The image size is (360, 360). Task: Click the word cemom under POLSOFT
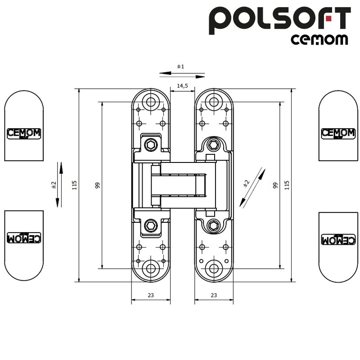(x=319, y=40)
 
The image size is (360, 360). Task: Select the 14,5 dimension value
(x=182, y=85)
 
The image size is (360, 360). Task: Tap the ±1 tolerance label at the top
(x=180, y=67)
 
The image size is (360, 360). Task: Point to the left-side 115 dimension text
(x=75, y=184)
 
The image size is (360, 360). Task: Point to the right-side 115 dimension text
(x=287, y=184)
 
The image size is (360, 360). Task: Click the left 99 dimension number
(x=98, y=184)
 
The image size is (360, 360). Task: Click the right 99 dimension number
(x=274, y=184)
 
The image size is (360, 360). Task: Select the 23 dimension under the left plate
(x=151, y=295)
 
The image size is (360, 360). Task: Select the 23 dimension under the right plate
(x=214, y=295)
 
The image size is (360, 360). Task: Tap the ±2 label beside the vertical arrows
(x=53, y=184)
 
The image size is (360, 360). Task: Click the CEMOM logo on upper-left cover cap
(x=24, y=133)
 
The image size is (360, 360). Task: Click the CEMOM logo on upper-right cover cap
(x=338, y=133)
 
